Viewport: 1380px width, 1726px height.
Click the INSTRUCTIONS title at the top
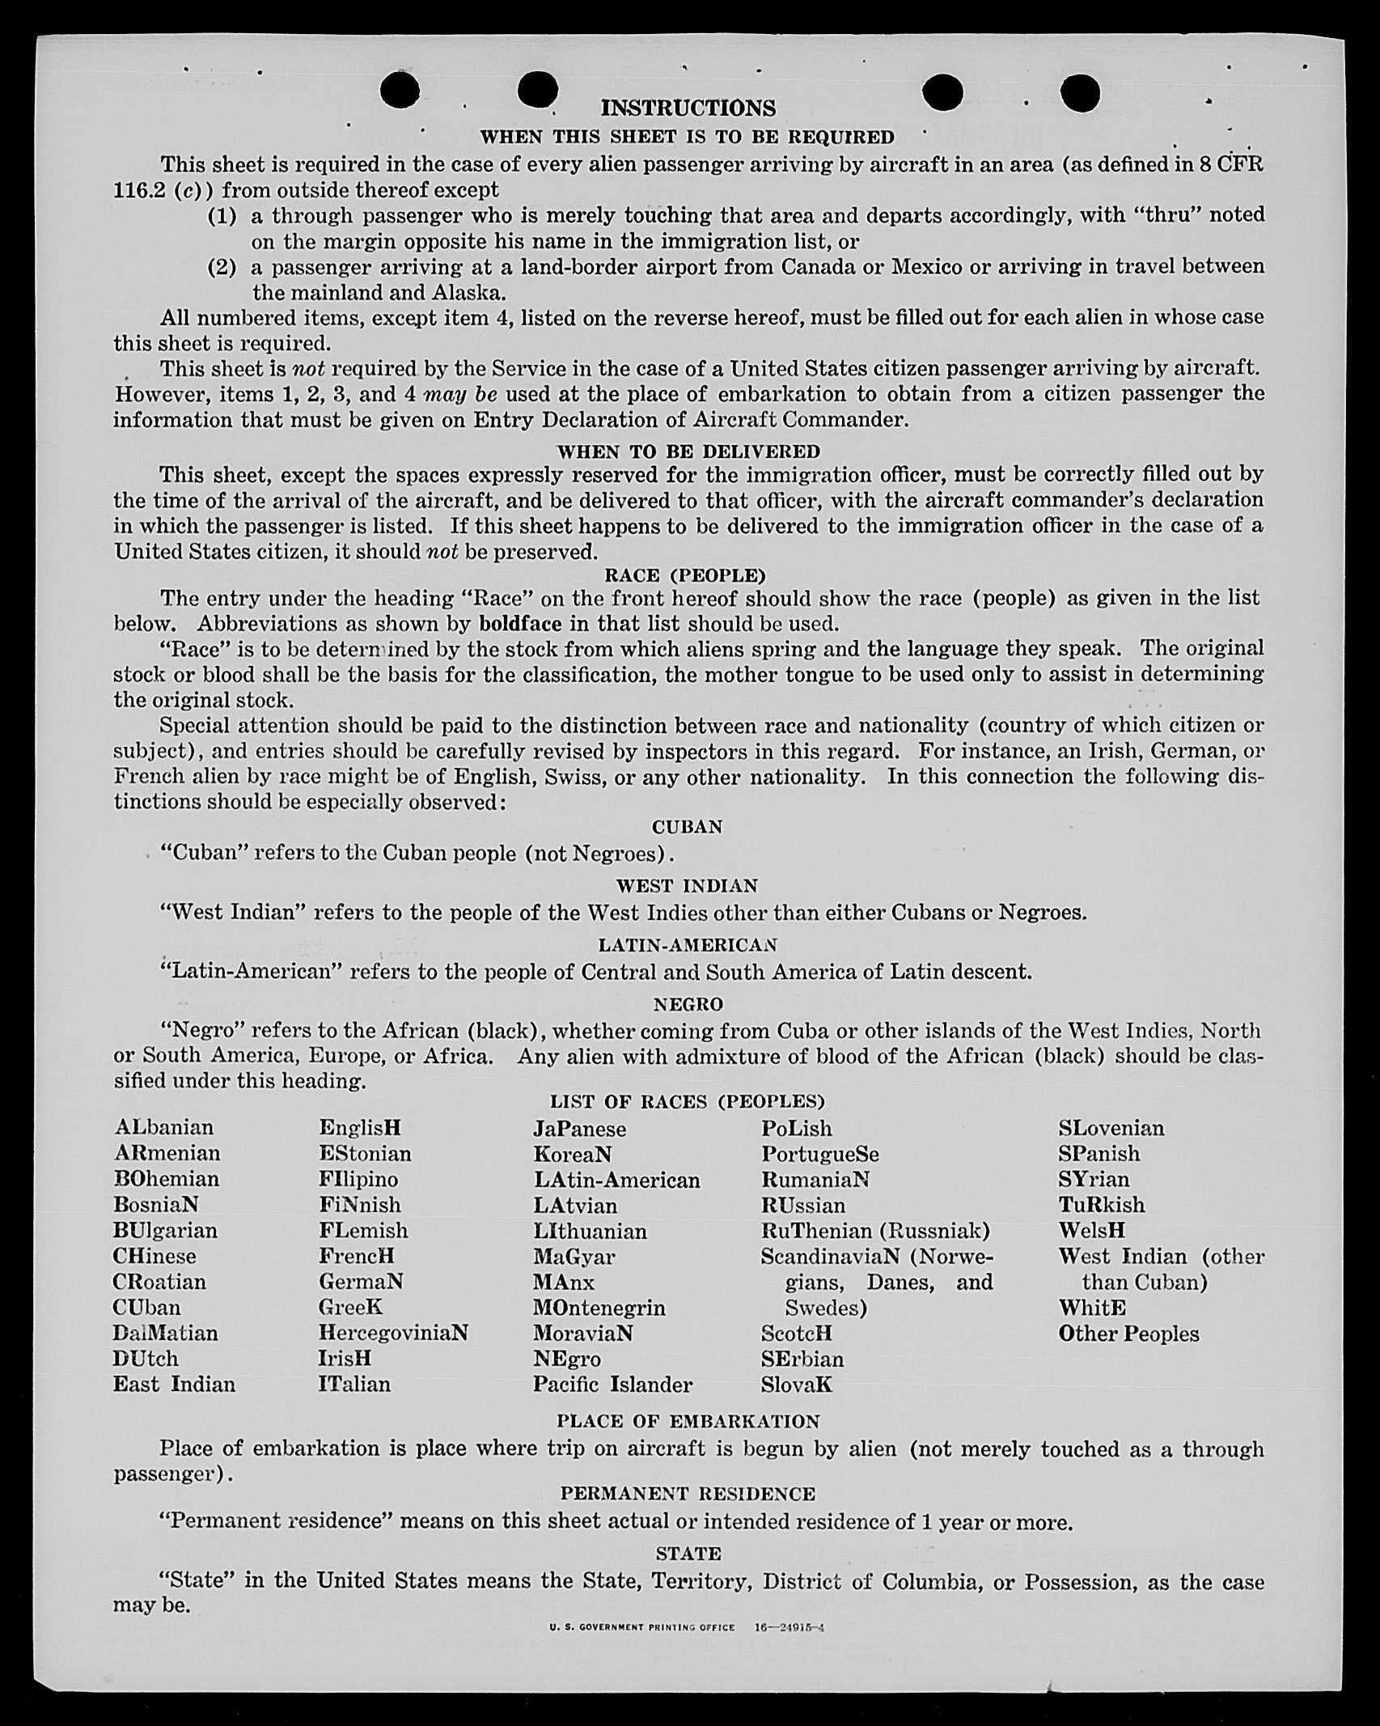pos(688,108)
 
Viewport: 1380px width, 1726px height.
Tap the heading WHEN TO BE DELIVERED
pos(688,452)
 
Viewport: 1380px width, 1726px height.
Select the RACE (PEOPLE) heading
pos(684,575)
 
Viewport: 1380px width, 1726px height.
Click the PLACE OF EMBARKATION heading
pos(688,1421)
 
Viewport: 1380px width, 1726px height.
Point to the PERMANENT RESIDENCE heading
pos(688,1493)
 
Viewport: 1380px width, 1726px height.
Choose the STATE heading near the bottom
pos(688,1553)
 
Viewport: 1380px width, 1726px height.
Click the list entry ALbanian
pos(164,1127)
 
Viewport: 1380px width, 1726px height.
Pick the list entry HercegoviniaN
pos(393,1333)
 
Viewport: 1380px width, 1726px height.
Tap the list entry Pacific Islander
pos(612,1385)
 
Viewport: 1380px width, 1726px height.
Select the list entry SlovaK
pos(796,1385)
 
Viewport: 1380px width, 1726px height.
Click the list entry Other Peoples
pos(1128,1334)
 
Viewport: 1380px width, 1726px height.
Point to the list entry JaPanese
pos(579,1129)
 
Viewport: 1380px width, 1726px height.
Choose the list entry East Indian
pos(174,1385)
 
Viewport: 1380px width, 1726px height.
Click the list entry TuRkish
pos(1101,1205)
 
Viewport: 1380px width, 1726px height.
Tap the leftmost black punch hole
pos(400,89)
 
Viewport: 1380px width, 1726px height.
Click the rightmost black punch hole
pos(1080,92)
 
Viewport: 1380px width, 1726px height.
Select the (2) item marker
pos(222,266)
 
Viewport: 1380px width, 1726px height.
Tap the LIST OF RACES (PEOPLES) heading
pos(688,1101)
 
